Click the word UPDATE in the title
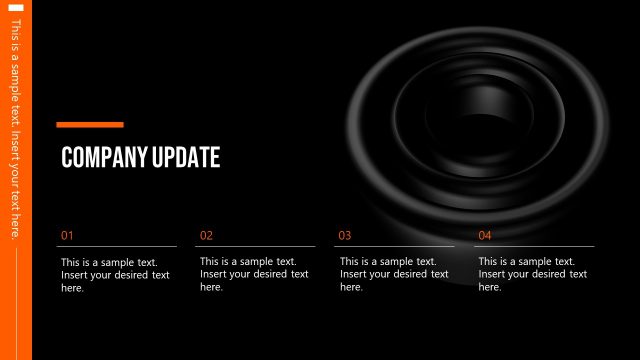tap(185, 157)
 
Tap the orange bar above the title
tap(90, 125)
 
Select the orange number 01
tap(67, 236)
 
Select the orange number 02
tap(206, 236)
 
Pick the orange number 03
tap(345, 236)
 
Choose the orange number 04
tap(485, 236)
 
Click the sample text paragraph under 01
tap(115, 274)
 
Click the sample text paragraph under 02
tap(254, 274)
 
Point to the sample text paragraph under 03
tap(393, 274)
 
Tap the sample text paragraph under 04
tap(532, 274)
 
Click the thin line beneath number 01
tap(117, 246)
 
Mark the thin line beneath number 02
tap(256, 246)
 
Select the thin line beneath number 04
tap(535, 246)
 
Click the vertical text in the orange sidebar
tap(15, 130)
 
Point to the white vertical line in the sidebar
tap(15, 300)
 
